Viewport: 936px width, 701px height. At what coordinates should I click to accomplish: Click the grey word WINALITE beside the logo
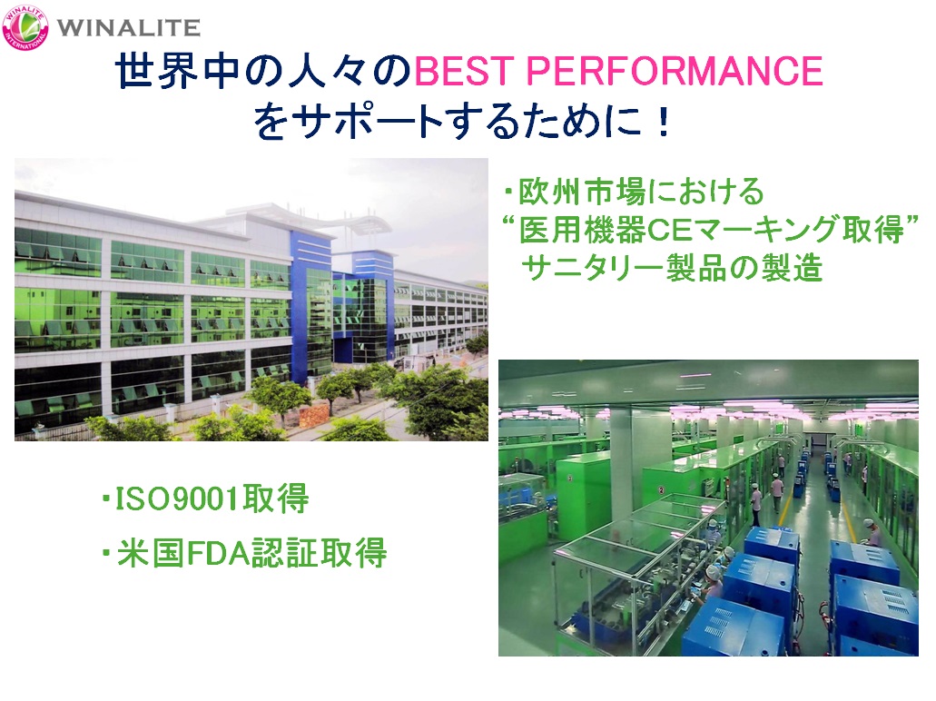pos(128,27)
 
